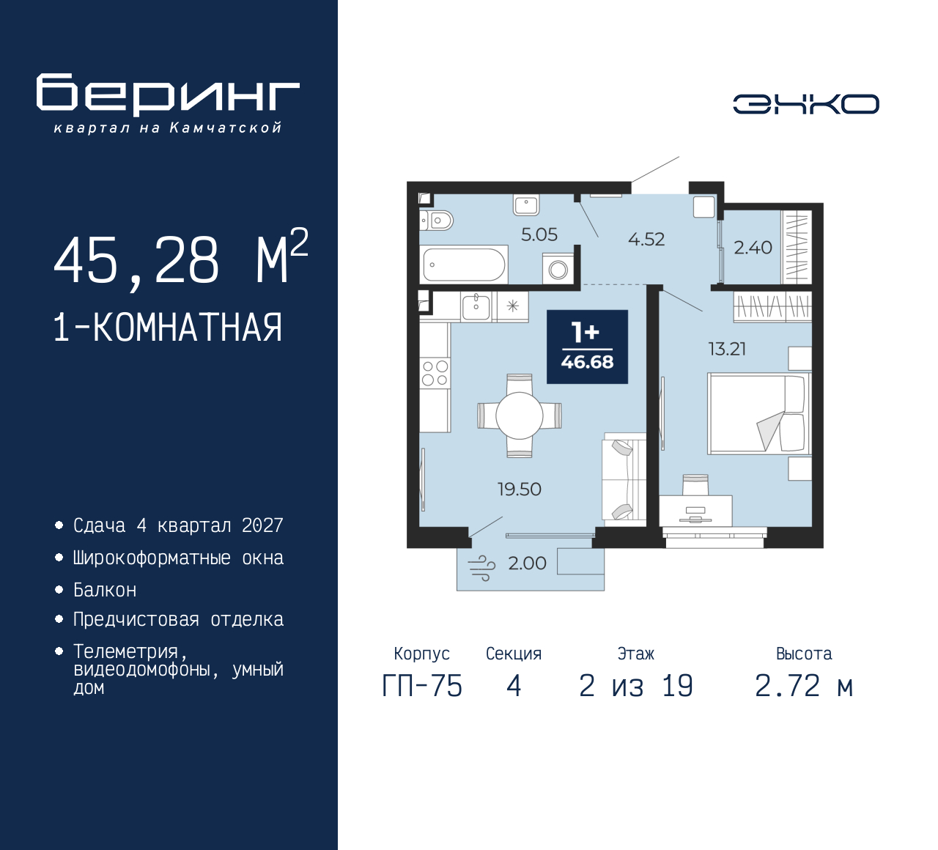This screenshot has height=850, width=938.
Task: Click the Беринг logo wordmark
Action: [168, 95]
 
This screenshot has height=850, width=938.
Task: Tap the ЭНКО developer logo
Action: [805, 104]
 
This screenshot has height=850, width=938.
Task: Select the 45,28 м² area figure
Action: [180, 261]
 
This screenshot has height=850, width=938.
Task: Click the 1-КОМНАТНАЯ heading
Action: [168, 328]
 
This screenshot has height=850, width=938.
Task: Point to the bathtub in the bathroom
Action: [464, 265]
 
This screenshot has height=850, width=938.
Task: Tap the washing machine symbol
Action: [558, 269]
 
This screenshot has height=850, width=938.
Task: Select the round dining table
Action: [519, 415]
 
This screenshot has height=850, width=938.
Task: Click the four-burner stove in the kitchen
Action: [435, 373]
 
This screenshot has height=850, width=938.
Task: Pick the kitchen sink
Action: [476, 306]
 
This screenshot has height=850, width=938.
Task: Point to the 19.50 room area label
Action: [519, 489]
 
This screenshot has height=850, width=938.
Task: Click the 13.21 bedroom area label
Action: [726, 350]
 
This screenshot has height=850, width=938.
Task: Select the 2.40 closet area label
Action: [753, 248]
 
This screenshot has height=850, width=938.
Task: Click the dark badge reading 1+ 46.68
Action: [587, 347]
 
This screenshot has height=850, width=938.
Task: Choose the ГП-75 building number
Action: [422, 687]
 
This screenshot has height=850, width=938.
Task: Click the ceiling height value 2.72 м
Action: [803, 687]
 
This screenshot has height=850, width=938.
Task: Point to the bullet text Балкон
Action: [105, 590]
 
